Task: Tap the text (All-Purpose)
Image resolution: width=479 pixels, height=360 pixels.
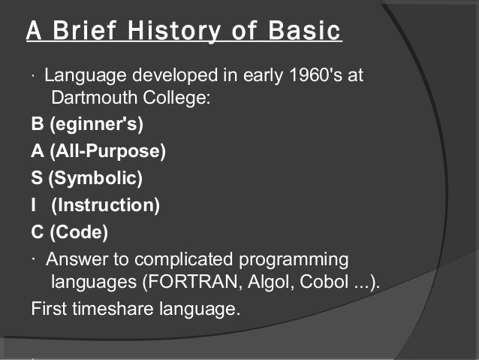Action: (x=108, y=151)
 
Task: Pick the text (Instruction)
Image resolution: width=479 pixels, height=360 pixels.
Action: (x=104, y=205)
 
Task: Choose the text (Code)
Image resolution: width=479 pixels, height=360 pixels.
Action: (x=79, y=232)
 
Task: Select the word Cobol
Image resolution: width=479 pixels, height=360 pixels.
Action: (x=318, y=282)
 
